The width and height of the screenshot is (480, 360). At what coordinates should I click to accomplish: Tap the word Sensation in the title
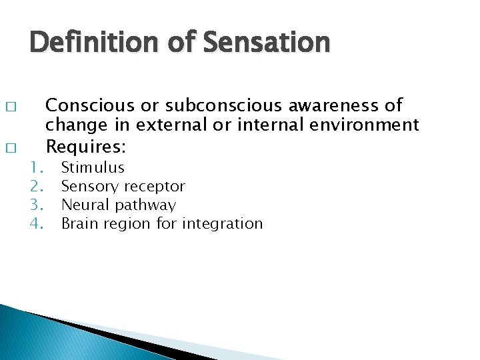[x=267, y=43]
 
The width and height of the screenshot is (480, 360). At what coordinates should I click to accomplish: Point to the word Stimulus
[x=93, y=168]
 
